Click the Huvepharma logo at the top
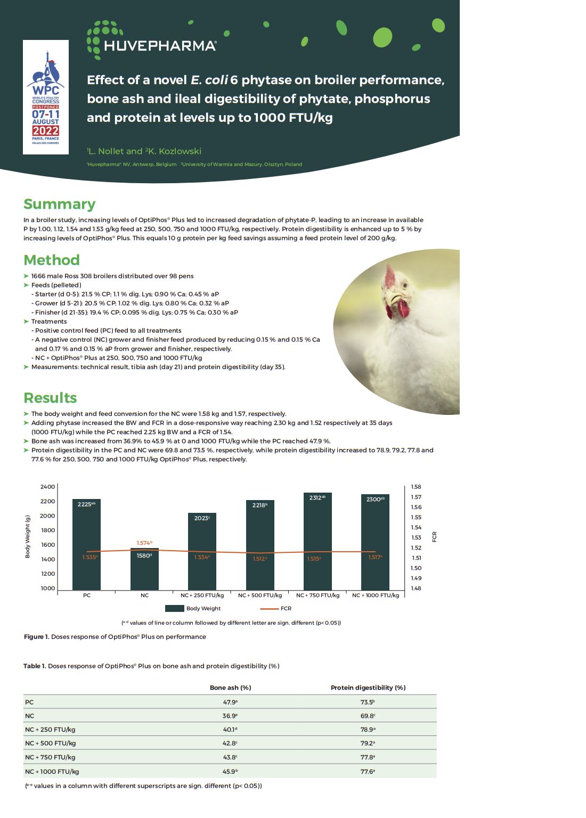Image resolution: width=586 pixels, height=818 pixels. pos(151,40)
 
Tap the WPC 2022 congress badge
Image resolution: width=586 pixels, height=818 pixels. pos(46,97)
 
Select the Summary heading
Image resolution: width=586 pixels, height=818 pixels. pos(59,204)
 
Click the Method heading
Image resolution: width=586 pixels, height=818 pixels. pos(52,260)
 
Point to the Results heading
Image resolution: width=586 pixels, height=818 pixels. pos(50,398)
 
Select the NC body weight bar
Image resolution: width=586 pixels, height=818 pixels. pos(144,570)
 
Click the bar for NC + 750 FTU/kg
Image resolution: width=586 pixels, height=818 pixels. pos(318,541)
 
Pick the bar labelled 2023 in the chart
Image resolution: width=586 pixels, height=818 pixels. pos(202,551)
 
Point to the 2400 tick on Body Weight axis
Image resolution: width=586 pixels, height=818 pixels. pos(47,487)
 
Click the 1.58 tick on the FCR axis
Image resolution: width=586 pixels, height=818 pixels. pos(416,487)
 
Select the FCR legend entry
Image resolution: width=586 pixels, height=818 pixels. pos(276,608)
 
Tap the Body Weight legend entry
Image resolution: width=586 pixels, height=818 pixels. pos(193,608)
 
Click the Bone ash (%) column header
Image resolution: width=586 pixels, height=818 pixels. pos(230,688)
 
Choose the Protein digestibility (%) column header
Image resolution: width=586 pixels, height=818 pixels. pos(368,688)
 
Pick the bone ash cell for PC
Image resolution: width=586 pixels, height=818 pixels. pos(230,702)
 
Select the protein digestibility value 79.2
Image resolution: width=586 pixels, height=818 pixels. pos(368,743)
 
